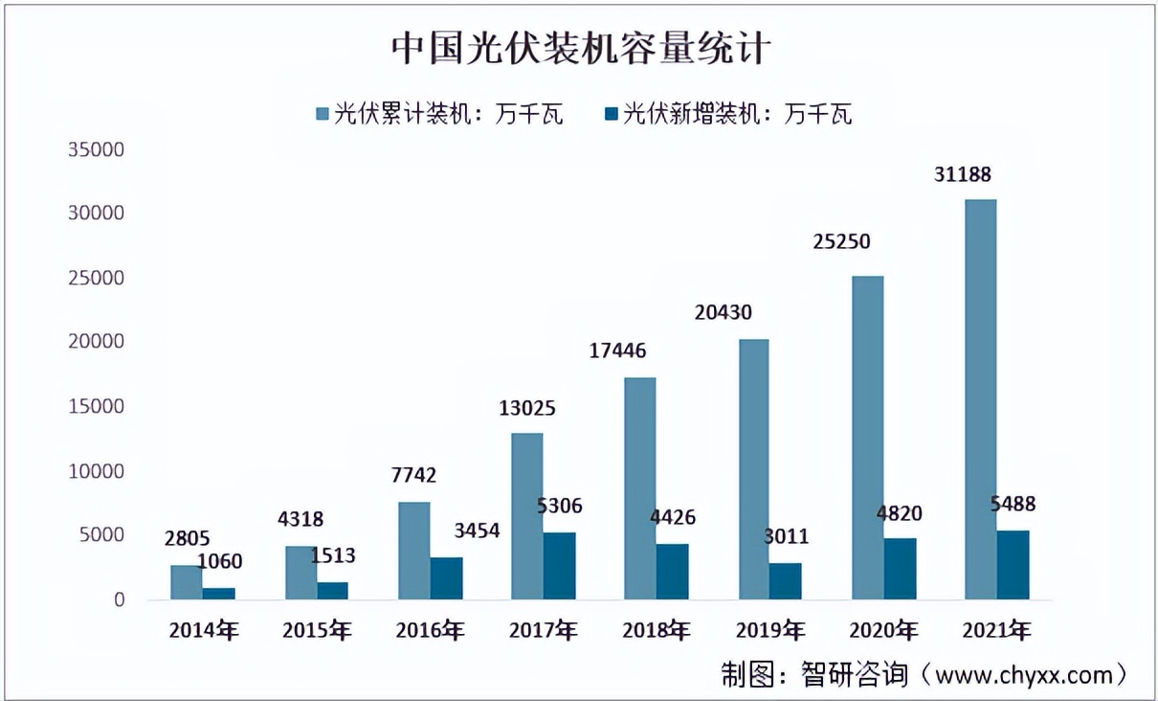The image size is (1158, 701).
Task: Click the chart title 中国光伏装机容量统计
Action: (580, 48)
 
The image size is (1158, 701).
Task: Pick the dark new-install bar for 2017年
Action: (560, 566)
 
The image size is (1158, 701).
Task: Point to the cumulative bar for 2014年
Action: (186, 582)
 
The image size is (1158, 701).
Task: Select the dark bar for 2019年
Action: (786, 581)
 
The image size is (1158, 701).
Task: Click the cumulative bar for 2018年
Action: (639, 488)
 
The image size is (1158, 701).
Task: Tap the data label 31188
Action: (964, 175)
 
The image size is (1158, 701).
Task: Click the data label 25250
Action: (843, 241)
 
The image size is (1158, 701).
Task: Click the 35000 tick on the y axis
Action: (96, 150)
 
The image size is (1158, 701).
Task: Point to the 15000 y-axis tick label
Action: (96, 407)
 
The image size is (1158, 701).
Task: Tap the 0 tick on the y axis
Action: (119, 600)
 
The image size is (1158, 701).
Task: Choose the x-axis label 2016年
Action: (431, 630)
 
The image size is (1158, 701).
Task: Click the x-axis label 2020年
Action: (883, 630)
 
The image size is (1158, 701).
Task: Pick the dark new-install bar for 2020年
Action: (900, 569)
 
